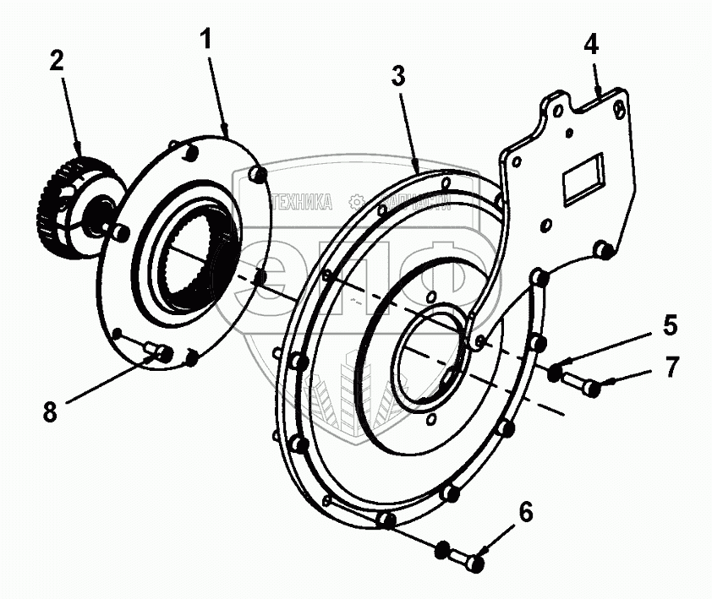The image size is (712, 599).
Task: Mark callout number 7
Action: tap(671, 367)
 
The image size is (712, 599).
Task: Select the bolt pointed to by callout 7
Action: tap(583, 384)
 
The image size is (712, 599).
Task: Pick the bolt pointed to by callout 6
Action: tap(467, 558)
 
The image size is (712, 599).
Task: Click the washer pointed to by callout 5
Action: tap(555, 371)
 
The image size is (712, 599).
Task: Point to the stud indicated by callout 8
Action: tap(159, 350)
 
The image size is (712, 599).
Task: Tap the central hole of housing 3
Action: tap(427, 355)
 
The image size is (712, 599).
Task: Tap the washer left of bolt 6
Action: tap(441, 550)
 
